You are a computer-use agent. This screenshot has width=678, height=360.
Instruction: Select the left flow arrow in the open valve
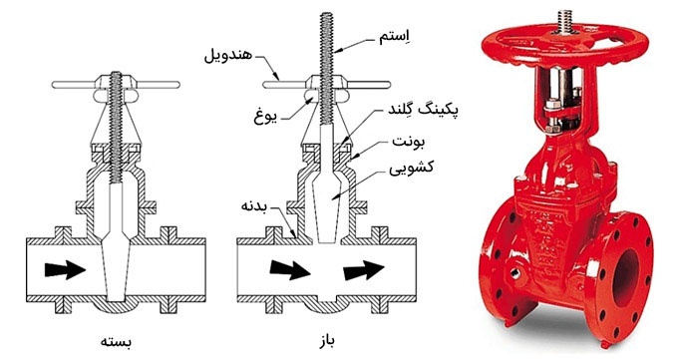(287, 268)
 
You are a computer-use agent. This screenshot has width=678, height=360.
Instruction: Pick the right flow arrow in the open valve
(365, 268)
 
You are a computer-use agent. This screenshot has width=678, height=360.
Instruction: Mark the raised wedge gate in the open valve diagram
(325, 199)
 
